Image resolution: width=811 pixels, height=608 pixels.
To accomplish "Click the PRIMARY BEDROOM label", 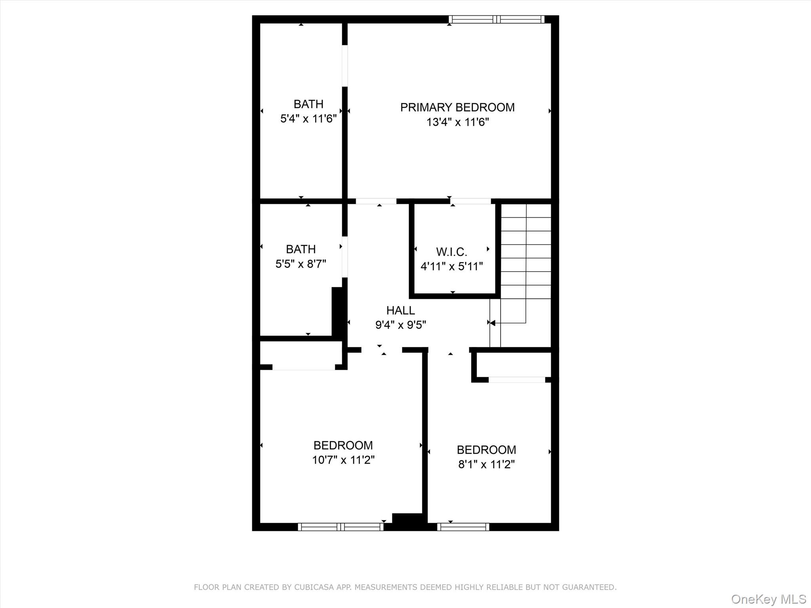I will [457, 107].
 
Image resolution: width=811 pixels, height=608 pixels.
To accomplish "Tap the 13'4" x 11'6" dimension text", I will [457, 122].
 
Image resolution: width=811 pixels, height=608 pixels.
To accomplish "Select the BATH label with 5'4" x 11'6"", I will [308, 104].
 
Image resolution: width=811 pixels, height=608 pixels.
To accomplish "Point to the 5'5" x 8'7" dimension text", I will [301, 264].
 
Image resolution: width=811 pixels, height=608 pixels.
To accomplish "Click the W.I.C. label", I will [451, 252].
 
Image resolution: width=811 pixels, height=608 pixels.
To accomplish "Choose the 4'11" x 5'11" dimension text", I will [451, 266].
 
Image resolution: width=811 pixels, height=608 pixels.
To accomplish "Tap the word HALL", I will [400, 310].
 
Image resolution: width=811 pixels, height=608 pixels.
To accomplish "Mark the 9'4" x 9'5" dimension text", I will [400, 325].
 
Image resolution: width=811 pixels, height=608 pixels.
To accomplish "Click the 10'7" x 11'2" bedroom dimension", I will [343, 460].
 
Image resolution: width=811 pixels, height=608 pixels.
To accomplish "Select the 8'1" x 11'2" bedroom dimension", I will [486, 464].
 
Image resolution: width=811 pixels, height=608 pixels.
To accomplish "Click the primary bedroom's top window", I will [497, 19].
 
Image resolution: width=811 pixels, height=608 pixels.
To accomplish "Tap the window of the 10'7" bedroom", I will [341, 527].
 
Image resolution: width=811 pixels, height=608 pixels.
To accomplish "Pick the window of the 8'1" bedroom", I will [463, 527].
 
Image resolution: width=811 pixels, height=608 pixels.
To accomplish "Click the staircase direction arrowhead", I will [493, 323].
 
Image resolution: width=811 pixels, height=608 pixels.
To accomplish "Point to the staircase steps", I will [526, 257].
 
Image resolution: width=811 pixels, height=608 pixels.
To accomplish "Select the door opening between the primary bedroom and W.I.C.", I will [470, 201].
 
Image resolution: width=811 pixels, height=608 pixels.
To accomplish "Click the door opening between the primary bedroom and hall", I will [376, 201].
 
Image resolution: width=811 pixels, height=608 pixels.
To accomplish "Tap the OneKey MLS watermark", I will [768, 599].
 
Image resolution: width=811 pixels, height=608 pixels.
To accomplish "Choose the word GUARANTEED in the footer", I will [590, 587].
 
